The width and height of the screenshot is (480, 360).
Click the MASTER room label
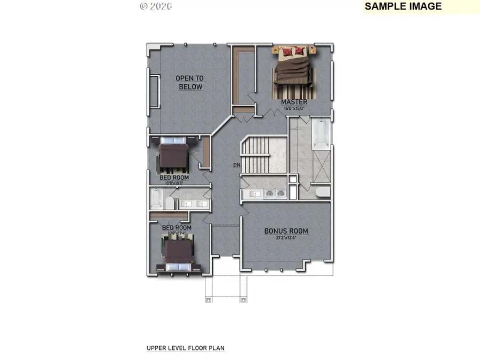pos(294,101)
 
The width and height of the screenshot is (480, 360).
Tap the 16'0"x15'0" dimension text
pos(294,108)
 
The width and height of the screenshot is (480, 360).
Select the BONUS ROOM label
pos(286,231)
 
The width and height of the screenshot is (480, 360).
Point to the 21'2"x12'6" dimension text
pos(286,238)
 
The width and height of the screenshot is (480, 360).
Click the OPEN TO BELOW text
pos(190,82)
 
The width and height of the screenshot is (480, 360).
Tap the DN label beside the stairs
pos(237,165)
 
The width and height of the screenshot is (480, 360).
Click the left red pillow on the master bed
pos(287,51)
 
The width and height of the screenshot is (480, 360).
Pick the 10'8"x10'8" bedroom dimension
pos(173,182)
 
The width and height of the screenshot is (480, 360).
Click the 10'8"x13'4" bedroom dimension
pos(177,233)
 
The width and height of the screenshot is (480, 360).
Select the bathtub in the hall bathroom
pos(156,199)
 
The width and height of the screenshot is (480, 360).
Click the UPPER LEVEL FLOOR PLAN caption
pos(186,348)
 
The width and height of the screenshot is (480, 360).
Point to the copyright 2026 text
pos(156,6)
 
